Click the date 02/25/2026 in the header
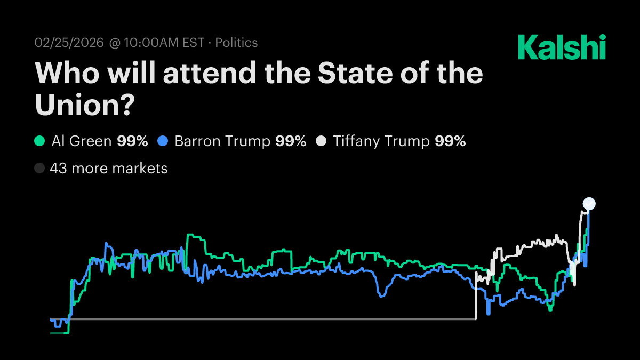[69, 43]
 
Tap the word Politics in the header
[236, 43]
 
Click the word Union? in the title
[84, 104]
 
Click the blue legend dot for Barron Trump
[163, 141]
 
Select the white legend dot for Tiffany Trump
[321, 141]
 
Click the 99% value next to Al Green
[132, 141]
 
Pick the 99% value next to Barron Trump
[291, 141]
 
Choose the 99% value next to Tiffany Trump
[450, 141]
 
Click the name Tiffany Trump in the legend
[381, 141]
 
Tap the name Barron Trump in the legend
[222, 141]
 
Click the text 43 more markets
[108, 169]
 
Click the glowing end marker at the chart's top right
[589, 203]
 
